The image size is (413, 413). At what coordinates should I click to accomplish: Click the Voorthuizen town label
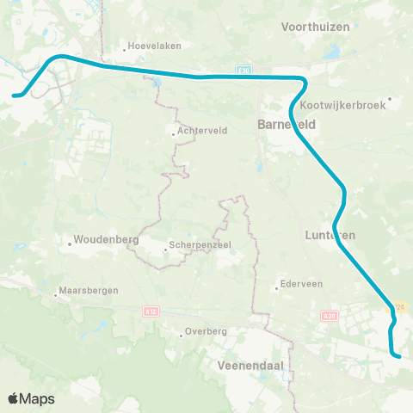point(316,27)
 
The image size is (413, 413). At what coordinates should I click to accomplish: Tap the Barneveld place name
point(287,125)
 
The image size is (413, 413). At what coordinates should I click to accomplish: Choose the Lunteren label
point(330,234)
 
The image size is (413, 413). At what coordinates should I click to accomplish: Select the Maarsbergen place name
point(89,291)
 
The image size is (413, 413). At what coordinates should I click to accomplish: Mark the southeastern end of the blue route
point(399,354)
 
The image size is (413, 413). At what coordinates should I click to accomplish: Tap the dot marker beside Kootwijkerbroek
point(390,99)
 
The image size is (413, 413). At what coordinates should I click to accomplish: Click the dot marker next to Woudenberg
point(70,243)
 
